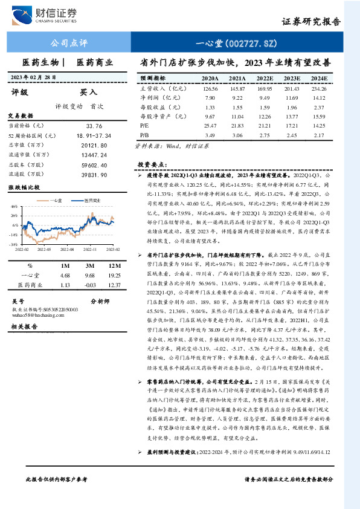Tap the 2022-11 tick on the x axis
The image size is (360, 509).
click(89, 248)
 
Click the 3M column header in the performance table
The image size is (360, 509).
click(89, 265)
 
